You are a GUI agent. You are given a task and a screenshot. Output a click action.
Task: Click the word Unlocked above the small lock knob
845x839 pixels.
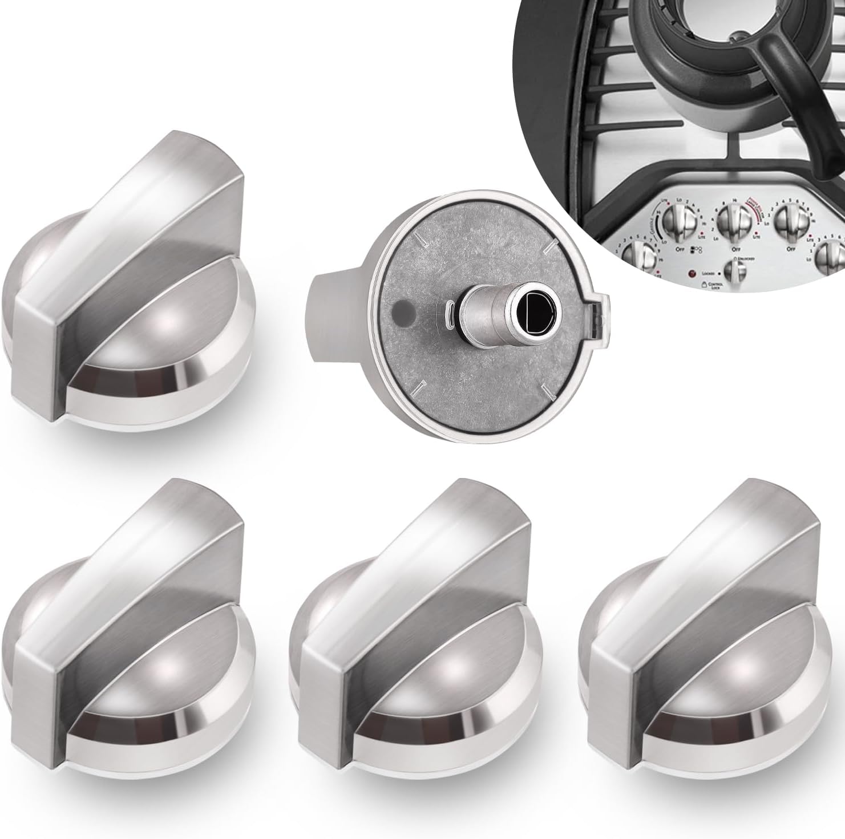[748, 259]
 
